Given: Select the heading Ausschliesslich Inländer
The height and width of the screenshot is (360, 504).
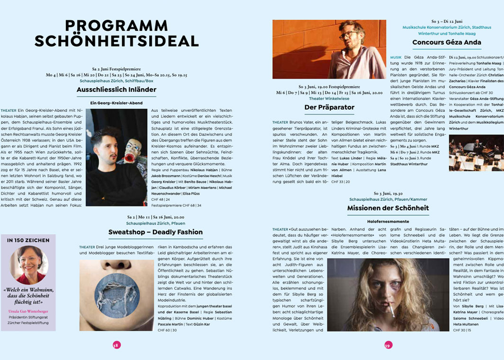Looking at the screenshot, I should pyautogui.click(x=116, y=90).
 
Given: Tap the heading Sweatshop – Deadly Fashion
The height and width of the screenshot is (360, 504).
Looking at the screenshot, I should pyautogui.click(x=155, y=232).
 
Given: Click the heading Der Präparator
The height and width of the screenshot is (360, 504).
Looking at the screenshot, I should pyautogui.click(x=329, y=108).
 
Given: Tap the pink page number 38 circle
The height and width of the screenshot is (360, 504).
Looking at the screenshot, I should pyautogui.click(x=116, y=345).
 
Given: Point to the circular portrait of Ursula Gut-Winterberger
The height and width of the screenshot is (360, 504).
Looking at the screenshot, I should pyautogui.click(x=28, y=264).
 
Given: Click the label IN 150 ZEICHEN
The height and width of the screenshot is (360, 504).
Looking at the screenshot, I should pyautogui.click(x=28, y=241).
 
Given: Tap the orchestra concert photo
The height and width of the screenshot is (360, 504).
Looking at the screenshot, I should pyautogui.click(x=476, y=153).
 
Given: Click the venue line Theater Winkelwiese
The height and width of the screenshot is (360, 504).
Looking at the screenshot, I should pyautogui.click(x=329, y=99).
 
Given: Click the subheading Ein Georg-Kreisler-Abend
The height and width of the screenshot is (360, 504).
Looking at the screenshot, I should pyautogui.click(x=116, y=103).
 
